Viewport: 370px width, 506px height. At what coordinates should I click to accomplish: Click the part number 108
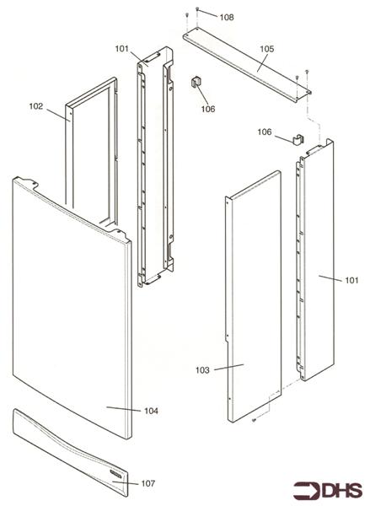click(x=228, y=17)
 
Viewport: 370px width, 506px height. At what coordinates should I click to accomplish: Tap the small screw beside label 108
click(x=196, y=8)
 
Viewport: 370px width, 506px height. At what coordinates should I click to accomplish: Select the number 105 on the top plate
click(x=266, y=50)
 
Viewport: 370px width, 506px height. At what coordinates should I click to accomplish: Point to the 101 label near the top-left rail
click(x=123, y=49)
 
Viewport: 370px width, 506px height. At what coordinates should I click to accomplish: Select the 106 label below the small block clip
click(x=207, y=108)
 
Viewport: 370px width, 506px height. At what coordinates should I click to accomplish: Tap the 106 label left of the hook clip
click(x=264, y=132)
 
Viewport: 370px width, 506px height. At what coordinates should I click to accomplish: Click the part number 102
click(x=36, y=106)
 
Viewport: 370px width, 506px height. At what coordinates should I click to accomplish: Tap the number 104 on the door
click(x=151, y=411)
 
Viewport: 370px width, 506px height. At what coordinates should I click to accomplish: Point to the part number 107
click(x=147, y=483)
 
